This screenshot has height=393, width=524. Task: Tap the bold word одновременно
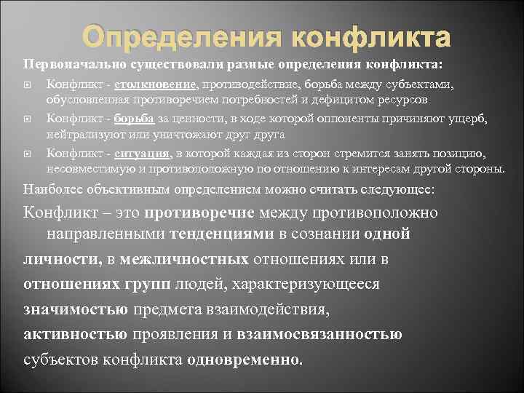coord(243,360)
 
